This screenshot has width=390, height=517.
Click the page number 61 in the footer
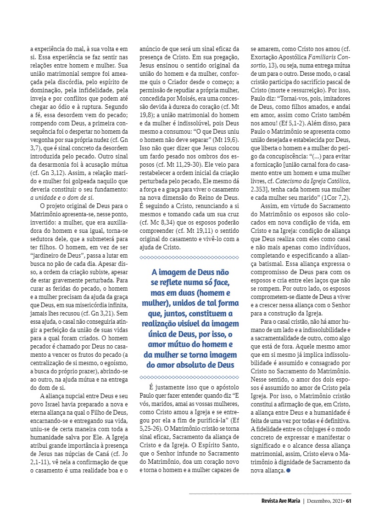click(349, 501)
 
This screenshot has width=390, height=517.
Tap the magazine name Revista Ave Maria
click(278, 501)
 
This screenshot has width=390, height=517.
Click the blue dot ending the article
click(288, 471)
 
